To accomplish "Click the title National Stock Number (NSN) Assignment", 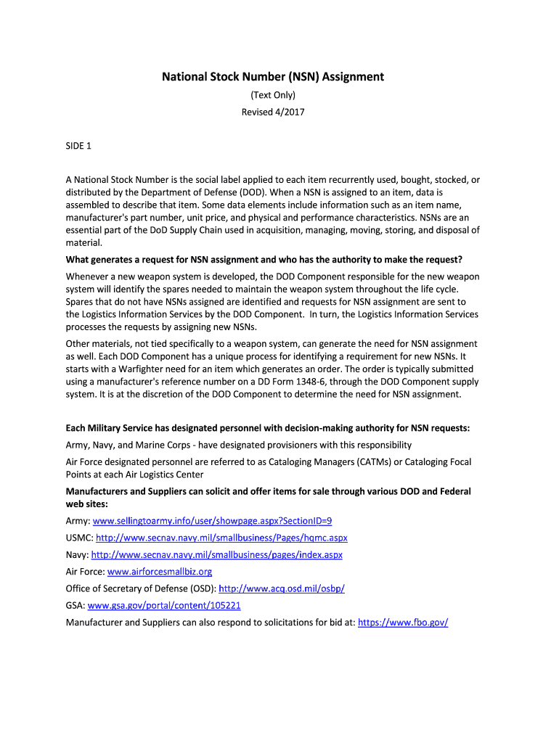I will (x=272, y=76).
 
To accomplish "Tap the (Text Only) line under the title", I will (x=272, y=95).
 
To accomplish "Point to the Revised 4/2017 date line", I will (x=272, y=112).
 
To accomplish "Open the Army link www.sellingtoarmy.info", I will (x=213, y=521).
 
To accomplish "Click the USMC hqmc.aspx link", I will (x=221, y=538).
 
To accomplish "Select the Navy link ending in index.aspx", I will (x=217, y=555).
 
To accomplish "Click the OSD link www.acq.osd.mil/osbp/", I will (x=282, y=588).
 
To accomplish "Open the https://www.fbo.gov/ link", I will (x=404, y=622).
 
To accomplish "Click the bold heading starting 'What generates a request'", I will (x=264, y=260).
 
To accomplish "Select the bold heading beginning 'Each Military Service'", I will (x=268, y=428).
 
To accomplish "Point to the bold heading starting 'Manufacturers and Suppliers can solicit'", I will (x=268, y=491).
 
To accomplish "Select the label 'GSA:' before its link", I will (x=76, y=605).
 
